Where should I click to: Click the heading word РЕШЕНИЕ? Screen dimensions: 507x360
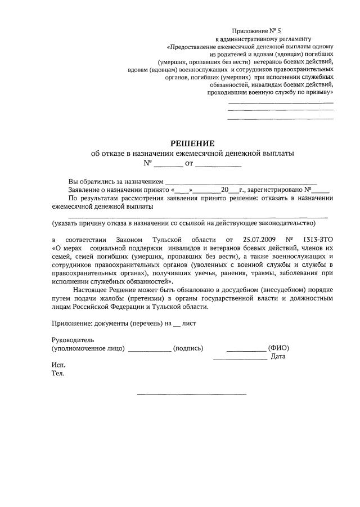193,143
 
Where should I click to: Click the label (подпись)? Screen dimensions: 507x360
188,348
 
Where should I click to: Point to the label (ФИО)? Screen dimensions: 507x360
278,348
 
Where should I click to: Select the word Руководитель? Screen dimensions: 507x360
73,340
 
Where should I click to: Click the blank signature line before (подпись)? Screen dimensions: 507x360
150,351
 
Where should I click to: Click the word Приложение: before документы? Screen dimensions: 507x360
72,324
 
